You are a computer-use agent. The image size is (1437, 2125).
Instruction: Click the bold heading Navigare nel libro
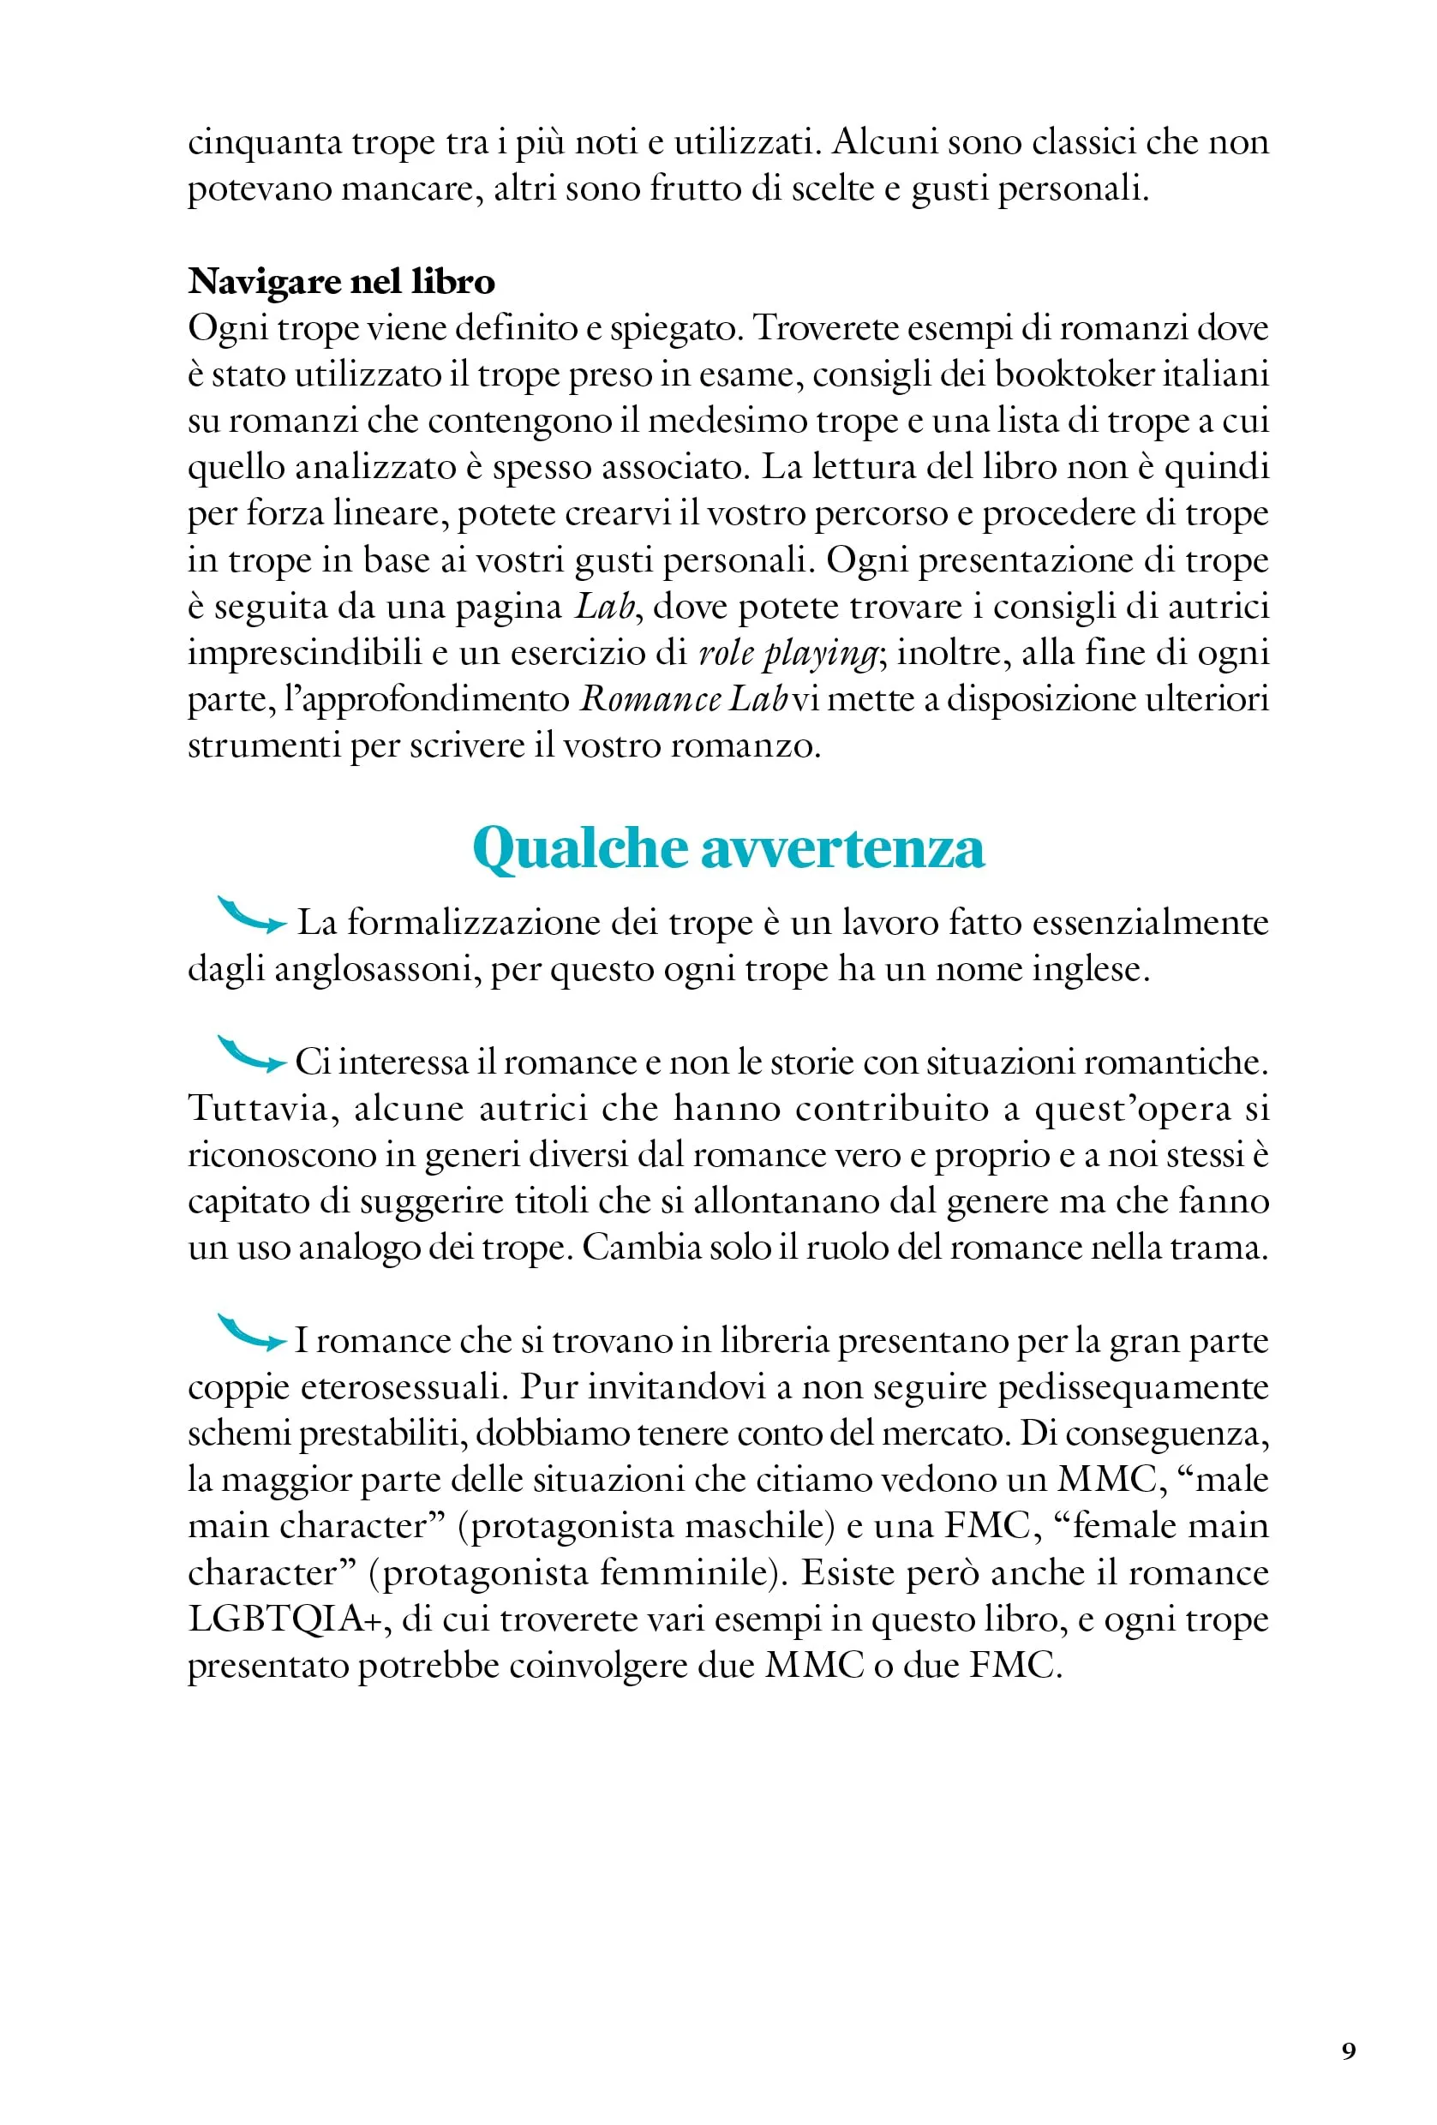point(341,282)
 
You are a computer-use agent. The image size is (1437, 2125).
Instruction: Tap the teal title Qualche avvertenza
point(727,847)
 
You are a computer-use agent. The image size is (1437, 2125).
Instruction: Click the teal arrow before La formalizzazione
point(251,915)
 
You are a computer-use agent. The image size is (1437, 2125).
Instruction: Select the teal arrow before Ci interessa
point(251,1054)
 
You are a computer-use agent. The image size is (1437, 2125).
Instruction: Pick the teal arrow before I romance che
point(251,1333)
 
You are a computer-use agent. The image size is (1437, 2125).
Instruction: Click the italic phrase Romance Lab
point(684,699)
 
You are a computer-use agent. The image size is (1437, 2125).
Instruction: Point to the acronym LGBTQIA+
point(284,1619)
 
